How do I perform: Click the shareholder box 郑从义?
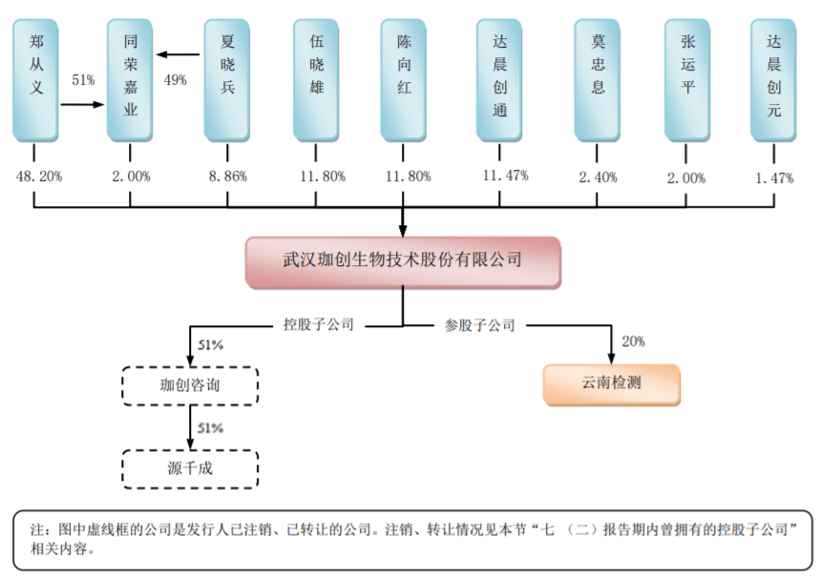coord(36,81)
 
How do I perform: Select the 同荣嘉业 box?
coord(130,81)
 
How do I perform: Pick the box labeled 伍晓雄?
coord(316,81)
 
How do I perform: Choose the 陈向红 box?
coord(404,81)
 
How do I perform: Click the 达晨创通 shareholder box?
coord(500,81)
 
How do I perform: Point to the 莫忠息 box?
coord(598,81)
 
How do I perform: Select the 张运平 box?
coord(687,81)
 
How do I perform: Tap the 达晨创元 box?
coord(773,81)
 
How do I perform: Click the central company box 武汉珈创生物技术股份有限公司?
coord(402,259)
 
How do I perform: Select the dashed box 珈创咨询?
coord(191,386)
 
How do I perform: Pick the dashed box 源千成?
coord(191,468)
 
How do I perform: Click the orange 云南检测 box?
coord(612,385)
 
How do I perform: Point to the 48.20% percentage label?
coord(37,176)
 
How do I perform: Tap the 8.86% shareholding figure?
coord(227,176)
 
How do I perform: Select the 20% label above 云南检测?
coord(633,341)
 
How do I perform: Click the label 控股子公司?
coord(319,324)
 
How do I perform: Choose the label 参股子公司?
coord(480,324)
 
